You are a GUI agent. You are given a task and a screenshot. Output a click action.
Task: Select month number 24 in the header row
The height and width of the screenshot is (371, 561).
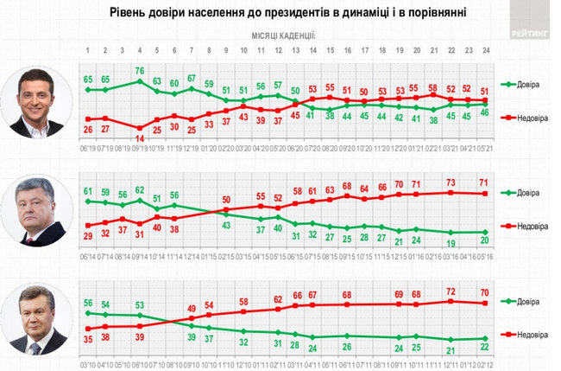click(488, 51)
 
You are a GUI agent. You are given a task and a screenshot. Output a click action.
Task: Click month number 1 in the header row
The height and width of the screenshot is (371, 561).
click(88, 51)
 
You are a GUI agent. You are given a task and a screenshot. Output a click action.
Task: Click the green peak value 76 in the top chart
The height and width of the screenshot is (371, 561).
click(140, 71)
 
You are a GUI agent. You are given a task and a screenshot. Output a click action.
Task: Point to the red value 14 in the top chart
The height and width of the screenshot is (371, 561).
click(140, 138)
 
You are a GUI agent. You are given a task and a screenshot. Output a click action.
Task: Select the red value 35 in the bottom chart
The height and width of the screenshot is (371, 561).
click(88, 340)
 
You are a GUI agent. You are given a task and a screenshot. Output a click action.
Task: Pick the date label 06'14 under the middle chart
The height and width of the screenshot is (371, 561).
click(88, 256)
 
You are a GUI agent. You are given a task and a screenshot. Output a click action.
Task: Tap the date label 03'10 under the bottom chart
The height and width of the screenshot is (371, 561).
click(88, 364)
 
